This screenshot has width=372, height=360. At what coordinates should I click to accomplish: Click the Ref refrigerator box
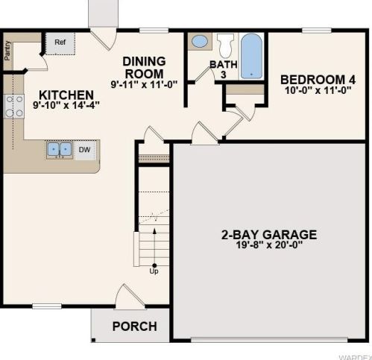pyautogui.click(x=60, y=44)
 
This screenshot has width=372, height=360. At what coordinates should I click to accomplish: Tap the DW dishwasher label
pyautogui.click(x=84, y=150)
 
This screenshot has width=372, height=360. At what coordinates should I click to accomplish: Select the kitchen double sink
pyautogui.click(x=60, y=150)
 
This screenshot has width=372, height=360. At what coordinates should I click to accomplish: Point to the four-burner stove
pyautogui.click(x=14, y=107)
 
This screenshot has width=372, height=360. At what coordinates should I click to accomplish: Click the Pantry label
pyautogui.click(x=7, y=51)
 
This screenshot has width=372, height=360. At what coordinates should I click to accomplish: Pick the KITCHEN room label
pyautogui.click(x=66, y=95)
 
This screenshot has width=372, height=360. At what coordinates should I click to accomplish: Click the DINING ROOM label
pyautogui.click(x=144, y=68)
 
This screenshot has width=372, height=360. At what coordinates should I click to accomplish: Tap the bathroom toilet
pyautogui.click(x=226, y=45)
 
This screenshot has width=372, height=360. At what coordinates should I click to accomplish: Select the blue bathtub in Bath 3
pyautogui.click(x=251, y=56)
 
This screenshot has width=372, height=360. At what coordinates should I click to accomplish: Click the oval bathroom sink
pyautogui.click(x=200, y=41)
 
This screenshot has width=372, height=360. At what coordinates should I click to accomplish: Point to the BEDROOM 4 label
pyautogui.click(x=318, y=80)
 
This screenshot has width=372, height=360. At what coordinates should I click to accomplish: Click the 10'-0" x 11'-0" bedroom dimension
pyautogui.click(x=318, y=90)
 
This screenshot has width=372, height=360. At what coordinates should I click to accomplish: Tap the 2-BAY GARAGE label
pyautogui.click(x=269, y=235)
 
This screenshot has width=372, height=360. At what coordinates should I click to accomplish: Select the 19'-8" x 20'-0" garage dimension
pyautogui.click(x=269, y=245)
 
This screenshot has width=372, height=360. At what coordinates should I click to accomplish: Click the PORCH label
pyautogui.click(x=135, y=326)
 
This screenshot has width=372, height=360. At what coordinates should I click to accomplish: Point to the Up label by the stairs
pyautogui.click(x=154, y=271)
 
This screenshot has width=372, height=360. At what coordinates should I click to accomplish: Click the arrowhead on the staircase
pyautogui.click(x=154, y=231)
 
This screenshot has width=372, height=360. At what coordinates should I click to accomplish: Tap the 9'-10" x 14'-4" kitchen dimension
pyautogui.click(x=66, y=105)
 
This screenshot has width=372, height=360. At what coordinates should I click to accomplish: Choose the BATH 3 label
pyautogui.click(x=224, y=69)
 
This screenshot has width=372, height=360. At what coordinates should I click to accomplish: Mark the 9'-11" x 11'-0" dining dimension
pyautogui.click(x=144, y=84)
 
